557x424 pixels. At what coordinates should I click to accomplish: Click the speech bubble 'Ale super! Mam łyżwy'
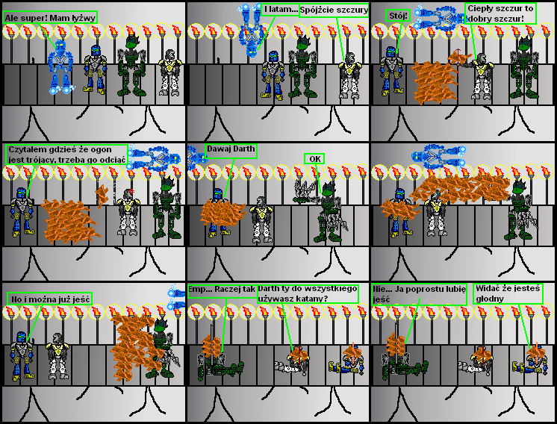pos(50,17)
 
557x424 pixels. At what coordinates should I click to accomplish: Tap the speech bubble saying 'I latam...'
pos(281,10)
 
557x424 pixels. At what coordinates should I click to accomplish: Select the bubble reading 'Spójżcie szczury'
pos(334,10)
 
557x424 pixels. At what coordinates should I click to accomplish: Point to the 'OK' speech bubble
pos(314,159)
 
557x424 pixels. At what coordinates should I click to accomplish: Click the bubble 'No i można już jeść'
pos(50,299)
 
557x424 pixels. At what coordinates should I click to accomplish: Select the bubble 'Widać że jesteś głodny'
pos(508,293)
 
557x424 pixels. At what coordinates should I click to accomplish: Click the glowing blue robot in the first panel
pos(60,66)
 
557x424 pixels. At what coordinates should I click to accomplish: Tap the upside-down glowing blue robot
pos(252,30)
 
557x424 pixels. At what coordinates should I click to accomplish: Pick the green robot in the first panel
pos(132,66)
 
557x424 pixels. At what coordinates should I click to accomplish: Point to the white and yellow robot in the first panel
pos(170,73)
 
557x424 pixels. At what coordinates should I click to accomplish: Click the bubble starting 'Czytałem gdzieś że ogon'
pos(66,155)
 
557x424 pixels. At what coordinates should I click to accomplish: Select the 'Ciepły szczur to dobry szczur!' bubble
pos(500,13)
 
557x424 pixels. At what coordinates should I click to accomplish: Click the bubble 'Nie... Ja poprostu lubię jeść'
pos(419,294)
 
